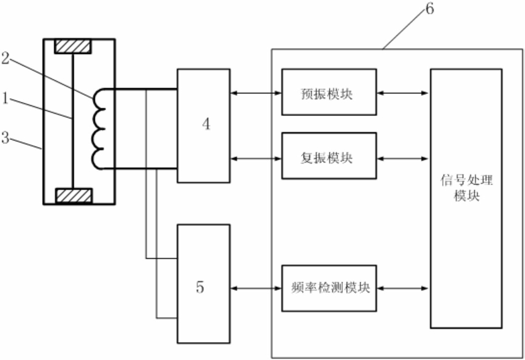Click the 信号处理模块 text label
click(466, 188)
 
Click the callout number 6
click(429, 9)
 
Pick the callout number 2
click(5, 58)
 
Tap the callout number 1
click(5, 98)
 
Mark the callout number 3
click(5, 137)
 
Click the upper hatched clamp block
click(72, 47)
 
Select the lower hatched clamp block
click(74, 196)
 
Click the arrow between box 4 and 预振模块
click(256, 93)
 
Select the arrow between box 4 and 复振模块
click(256, 158)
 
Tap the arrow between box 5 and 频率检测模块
click(256, 288)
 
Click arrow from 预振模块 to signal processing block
click(403, 93)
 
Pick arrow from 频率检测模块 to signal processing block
click(403, 288)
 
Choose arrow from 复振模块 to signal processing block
click(403, 158)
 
